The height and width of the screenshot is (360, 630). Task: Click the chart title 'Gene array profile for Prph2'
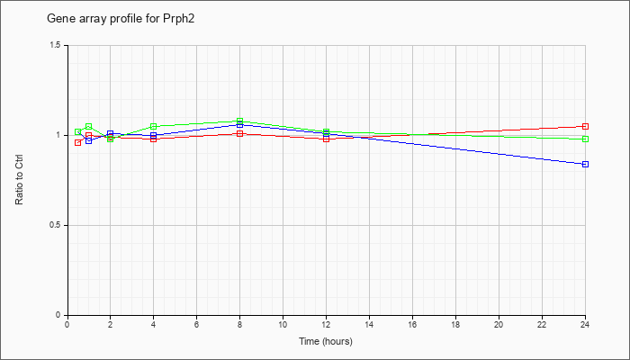coord(121,19)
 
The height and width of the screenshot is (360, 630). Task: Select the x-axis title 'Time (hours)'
coord(326,341)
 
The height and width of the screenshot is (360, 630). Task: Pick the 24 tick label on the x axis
coord(585,324)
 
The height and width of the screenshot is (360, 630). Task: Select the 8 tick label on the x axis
coord(240,324)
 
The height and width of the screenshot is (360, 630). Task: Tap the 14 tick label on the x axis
coord(369,324)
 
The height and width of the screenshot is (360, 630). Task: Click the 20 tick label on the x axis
coord(499,324)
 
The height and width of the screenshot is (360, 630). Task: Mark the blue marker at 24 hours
coord(585,165)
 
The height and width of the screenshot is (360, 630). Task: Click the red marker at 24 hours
coord(585,127)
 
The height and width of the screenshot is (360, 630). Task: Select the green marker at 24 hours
coord(585,139)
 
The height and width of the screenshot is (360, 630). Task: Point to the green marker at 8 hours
coord(240,121)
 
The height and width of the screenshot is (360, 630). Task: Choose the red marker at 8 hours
coord(240,134)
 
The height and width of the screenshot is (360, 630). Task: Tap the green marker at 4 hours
coord(154,127)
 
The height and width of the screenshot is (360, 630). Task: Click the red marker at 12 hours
coord(326,139)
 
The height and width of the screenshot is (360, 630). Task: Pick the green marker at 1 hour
coord(89,127)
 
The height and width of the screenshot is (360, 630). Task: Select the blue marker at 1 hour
coord(89,140)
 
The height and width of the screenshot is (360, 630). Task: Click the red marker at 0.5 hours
coord(78,142)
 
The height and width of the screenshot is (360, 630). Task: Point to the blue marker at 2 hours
coord(111,133)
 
